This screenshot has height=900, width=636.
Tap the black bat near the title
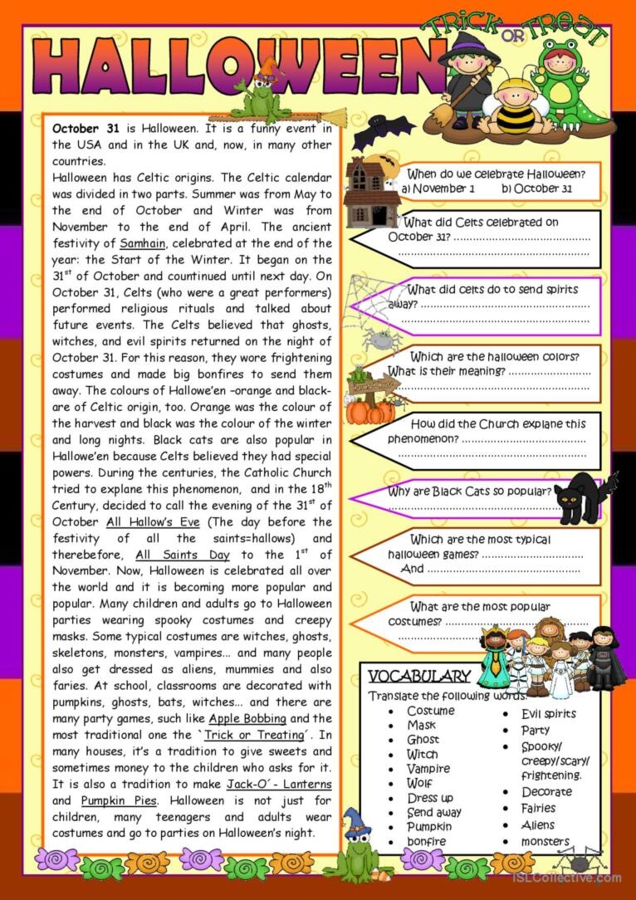point(383,130)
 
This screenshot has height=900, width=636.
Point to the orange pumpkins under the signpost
point(370,410)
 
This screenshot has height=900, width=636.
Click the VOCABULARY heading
point(418,676)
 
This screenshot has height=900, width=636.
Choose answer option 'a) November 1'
point(438,188)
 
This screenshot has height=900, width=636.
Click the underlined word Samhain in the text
point(144,243)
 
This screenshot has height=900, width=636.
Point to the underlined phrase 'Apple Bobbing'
point(247,718)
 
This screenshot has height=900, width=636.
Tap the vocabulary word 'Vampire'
point(428,769)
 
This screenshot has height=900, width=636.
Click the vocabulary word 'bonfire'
point(426,841)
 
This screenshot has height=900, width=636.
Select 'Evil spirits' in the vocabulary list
point(548,713)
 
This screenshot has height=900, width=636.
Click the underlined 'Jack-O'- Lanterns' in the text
point(279,785)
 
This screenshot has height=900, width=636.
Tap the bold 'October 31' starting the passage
point(86,129)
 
